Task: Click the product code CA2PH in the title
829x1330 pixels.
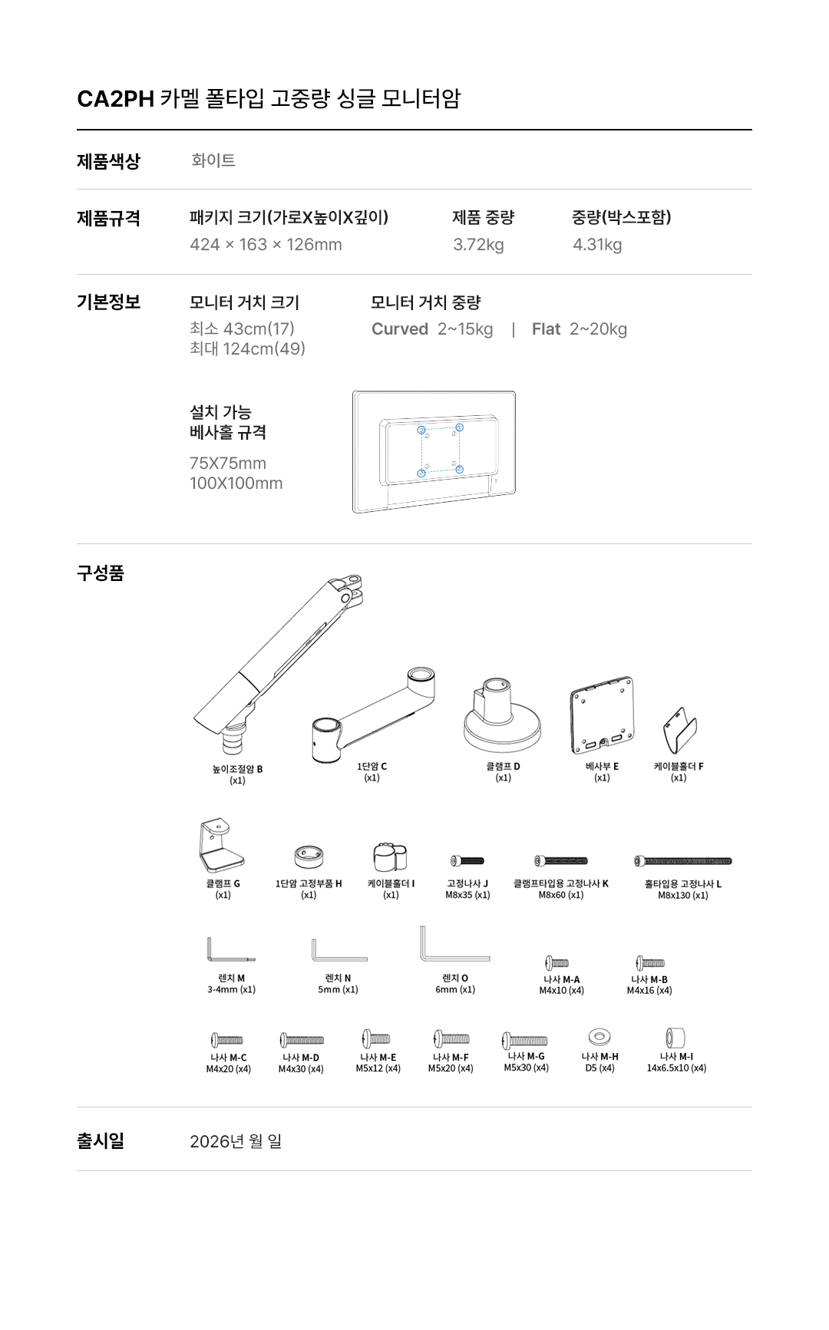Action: click(x=115, y=99)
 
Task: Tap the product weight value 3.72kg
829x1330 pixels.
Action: click(x=478, y=245)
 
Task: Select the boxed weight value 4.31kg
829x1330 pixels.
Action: click(x=597, y=245)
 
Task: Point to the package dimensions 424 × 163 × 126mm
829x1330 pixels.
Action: click(x=266, y=245)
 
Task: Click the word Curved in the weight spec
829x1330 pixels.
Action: click(x=400, y=329)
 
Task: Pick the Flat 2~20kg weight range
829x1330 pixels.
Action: click(x=580, y=329)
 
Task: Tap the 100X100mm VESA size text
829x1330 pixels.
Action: click(x=236, y=483)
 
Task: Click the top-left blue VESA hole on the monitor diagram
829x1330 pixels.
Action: click(x=421, y=430)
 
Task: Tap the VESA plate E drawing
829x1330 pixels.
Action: click(x=603, y=715)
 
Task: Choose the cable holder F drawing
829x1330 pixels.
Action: click(x=679, y=731)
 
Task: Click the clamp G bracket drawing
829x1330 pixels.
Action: click(x=220, y=845)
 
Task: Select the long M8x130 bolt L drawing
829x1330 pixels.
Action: click(x=683, y=861)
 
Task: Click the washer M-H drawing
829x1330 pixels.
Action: click(x=599, y=1038)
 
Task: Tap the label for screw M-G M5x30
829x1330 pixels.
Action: click(x=527, y=1062)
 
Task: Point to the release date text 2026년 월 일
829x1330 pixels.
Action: click(x=236, y=1141)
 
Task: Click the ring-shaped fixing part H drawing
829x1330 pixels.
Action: click(x=309, y=856)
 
